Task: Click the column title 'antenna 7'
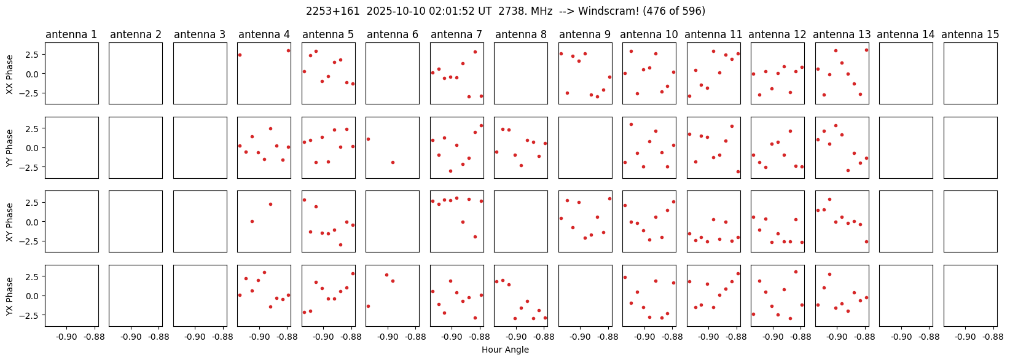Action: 456,35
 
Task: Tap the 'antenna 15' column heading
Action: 970,35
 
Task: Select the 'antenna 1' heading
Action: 71,35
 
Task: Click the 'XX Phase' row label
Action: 9,74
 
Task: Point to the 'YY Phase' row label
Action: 9,148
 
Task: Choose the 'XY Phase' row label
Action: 9,222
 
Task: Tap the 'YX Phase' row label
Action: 9,296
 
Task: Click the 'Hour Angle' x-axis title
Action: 505,350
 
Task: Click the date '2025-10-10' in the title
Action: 396,11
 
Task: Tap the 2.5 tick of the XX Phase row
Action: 32,54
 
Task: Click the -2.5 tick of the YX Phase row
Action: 30,315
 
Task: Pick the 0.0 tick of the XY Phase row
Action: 32,222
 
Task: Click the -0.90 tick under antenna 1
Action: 67,337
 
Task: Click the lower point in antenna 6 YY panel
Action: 393,162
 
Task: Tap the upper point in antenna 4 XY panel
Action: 270,205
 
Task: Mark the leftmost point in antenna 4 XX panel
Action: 240,55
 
